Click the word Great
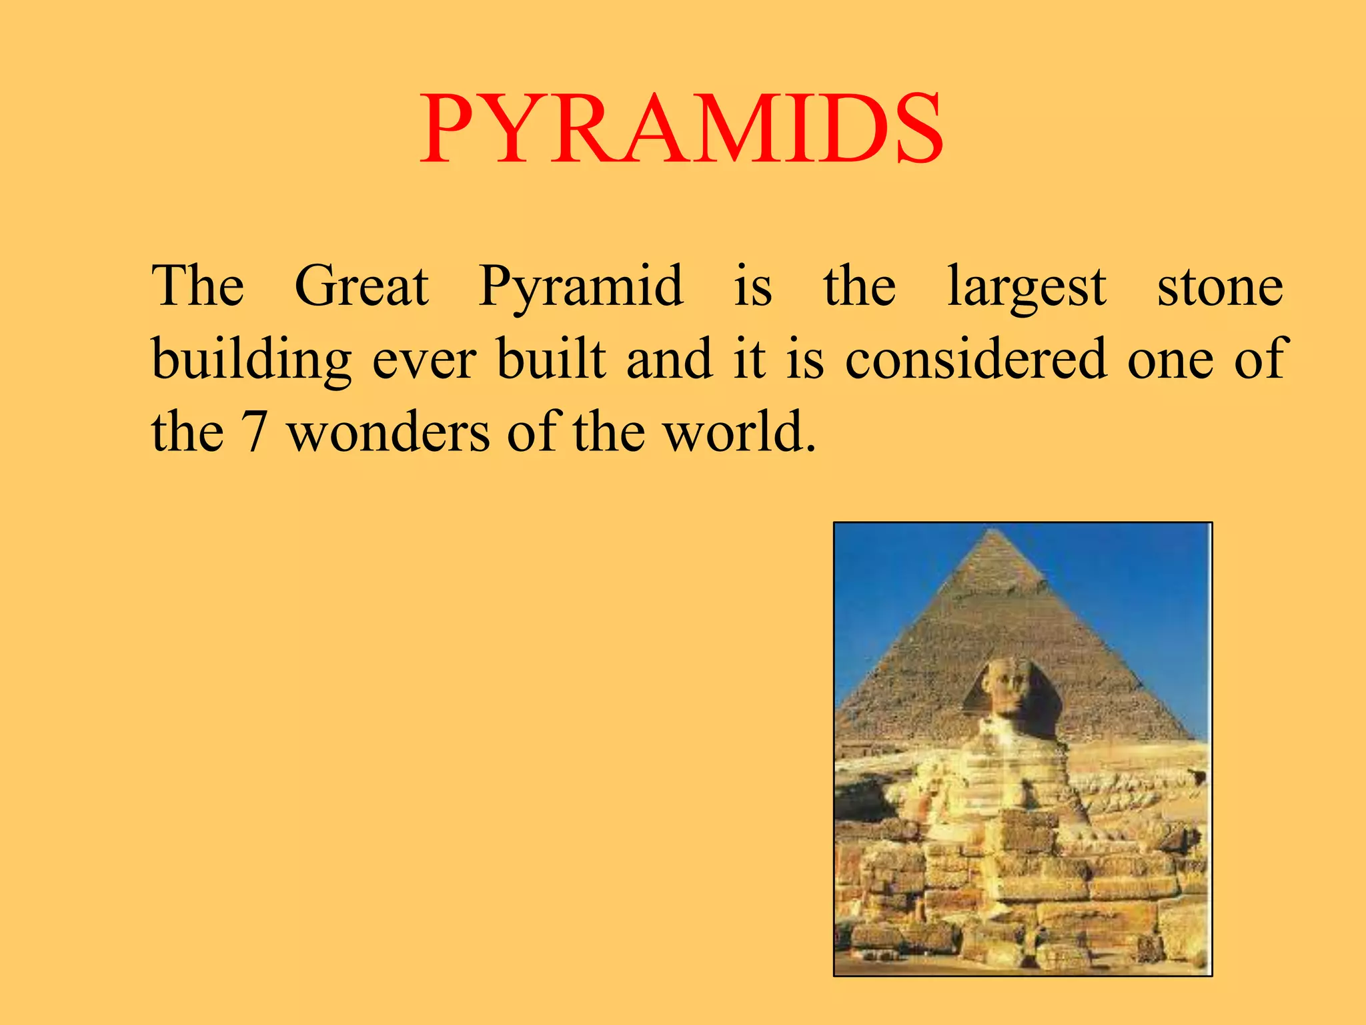[362, 287]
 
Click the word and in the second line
[669, 359]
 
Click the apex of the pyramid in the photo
[995, 533]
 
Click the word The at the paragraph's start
[197, 287]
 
